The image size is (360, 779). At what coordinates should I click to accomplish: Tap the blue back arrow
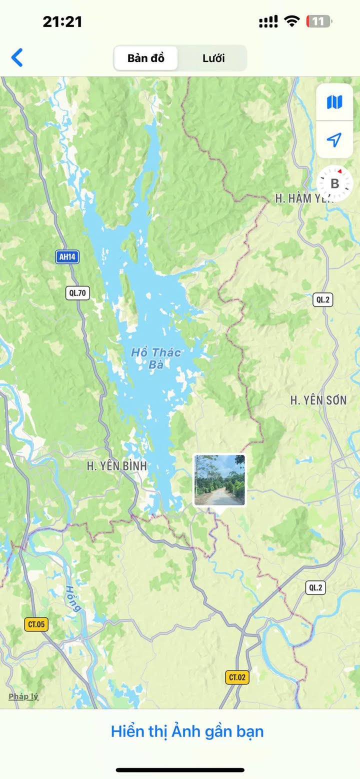[x=17, y=58]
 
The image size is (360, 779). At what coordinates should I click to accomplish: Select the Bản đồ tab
[x=145, y=58]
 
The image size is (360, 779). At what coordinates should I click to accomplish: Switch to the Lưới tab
[x=213, y=58]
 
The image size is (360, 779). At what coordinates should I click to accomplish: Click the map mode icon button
[x=334, y=102]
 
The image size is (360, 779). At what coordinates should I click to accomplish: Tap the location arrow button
[x=334, y=139]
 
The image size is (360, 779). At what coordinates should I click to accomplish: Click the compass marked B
[x=334, y=183]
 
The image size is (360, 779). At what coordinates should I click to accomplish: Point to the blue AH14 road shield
[x=67, y=257]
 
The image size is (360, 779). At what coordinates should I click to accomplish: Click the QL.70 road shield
[x=77, y=293]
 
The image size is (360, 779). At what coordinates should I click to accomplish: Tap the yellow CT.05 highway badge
[x=36, y=624]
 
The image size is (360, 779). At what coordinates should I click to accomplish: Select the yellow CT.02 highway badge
[x=237, y=677]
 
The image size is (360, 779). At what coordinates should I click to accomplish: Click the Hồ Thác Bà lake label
[x=156, y=358]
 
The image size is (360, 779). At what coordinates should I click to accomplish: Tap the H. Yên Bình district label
[x=117, y=466]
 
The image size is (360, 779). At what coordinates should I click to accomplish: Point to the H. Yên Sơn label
[x=318, y=400]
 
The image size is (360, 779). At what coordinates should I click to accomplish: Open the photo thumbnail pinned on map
[x=219, y=480]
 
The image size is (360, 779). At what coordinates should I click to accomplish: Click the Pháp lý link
[x=23, y=696]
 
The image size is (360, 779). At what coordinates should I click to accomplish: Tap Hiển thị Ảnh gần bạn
[x=187, y=731]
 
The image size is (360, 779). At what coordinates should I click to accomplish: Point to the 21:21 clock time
[x=62, y=21]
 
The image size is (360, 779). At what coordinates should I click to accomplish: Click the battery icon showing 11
[x=319, y=21]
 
